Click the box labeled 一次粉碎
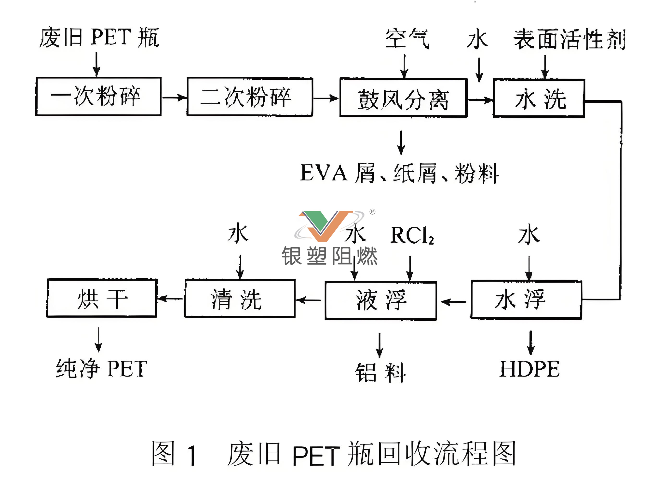click(x=98, y=96)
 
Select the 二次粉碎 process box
click(x=250, y=97)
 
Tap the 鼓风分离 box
click(x=403, y=98)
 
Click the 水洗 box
click(x=539, y=98)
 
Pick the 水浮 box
click(x=526, y=299)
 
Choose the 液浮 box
click(x=381, y=300)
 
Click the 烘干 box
click(x=102, y=298)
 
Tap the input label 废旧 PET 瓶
click(x=99, y=38)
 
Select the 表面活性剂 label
click(x=569, y=39)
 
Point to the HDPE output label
click(x=529, y=369)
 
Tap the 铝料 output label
click(x=380, y=372)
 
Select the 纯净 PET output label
click(x=101, y=368)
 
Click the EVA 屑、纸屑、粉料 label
click(x=399, y=173)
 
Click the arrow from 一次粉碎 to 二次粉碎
click(x=174, y=97)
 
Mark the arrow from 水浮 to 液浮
click(x=453, y=302)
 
